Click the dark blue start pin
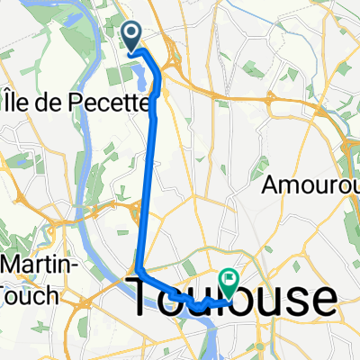pyautogui.click(x=131, y=36)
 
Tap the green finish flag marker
pyautogui.click(x=229, y=282)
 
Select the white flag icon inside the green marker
pyautogui.click(x=229, y=280)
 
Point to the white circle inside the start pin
pyautogui.click(x=131, y=34)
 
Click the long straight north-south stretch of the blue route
pyautogui.click(x=148, y=180)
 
